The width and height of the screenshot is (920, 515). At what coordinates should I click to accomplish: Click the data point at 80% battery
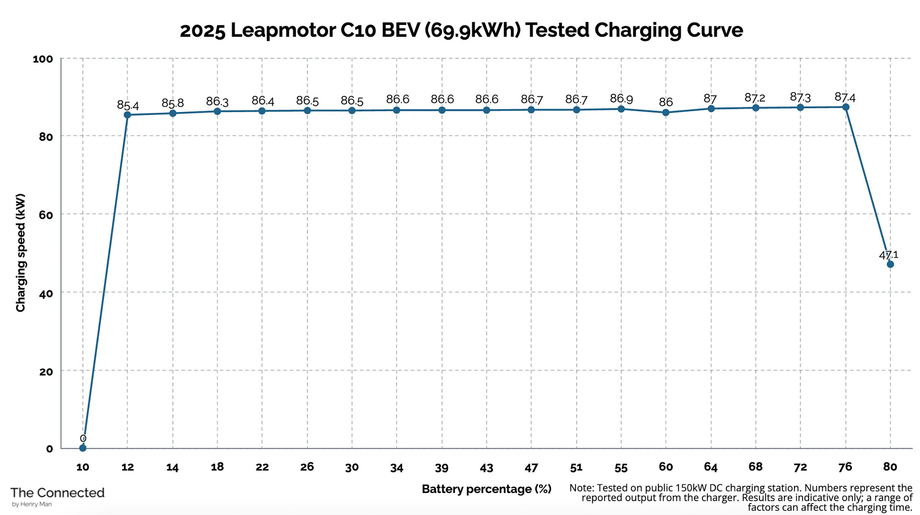coord(890,264)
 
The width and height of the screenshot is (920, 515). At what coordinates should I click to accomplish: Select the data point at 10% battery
coord(82,448)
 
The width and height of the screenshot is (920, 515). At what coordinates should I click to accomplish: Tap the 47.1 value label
coord(888,255)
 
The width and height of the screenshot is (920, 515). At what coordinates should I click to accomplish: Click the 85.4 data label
coord(128,105)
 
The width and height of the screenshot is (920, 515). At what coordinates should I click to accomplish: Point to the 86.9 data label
coord(621,99)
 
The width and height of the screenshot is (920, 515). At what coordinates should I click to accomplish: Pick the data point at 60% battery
coord(666,113)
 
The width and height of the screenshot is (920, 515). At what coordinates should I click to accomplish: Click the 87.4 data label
coord(845,98)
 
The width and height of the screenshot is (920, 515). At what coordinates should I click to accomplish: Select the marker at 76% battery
coord(845,107)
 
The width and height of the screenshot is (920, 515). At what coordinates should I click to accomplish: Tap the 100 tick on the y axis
coord(43,59)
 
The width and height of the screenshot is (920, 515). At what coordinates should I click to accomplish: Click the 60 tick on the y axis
coord(46,215)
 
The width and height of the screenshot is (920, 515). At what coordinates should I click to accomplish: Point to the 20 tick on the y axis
coord(46,372)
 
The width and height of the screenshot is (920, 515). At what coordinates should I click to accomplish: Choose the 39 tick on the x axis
coord(441,468)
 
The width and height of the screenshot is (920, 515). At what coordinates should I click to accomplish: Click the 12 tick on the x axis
coord(127,467)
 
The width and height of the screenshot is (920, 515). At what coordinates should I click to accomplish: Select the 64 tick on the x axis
coord(710,467)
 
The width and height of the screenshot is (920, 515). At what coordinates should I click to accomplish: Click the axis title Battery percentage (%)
coord(486,489)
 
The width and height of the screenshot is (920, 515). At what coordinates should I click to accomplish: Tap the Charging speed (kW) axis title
coord(20,252)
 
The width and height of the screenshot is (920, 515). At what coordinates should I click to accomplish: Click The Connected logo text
coord(57,493)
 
